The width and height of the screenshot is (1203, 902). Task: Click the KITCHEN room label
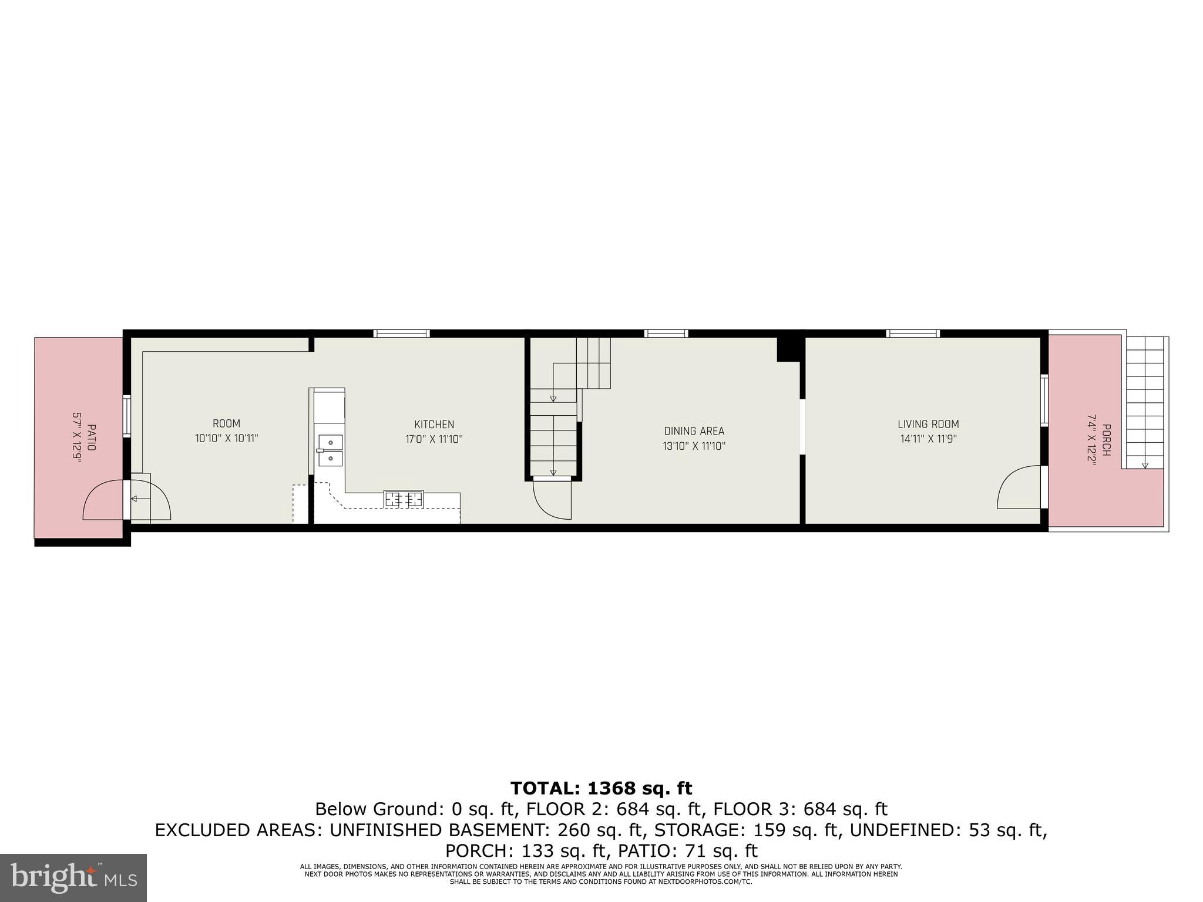coord(434,424)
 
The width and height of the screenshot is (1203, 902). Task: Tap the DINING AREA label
coord(694,431)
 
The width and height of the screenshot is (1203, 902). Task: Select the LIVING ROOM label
coord(928,424)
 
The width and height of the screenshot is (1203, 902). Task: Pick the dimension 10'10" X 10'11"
coord(227,438)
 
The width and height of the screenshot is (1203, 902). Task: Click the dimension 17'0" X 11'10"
coord(434,439)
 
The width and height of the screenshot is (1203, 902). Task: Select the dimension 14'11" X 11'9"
coord(928,439)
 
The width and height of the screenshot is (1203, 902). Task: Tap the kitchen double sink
coord(330,450)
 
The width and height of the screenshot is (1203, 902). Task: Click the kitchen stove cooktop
coord(404,499)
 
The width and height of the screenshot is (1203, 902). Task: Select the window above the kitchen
coord(402,334)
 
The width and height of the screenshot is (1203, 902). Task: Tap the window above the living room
coord(913,334)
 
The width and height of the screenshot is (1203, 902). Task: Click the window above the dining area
coord(666,334)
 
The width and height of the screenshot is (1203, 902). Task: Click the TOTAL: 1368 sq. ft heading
coord(601,788)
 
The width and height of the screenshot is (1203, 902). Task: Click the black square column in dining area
coord(789,349)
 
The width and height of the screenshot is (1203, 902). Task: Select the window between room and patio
coord(127,417)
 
